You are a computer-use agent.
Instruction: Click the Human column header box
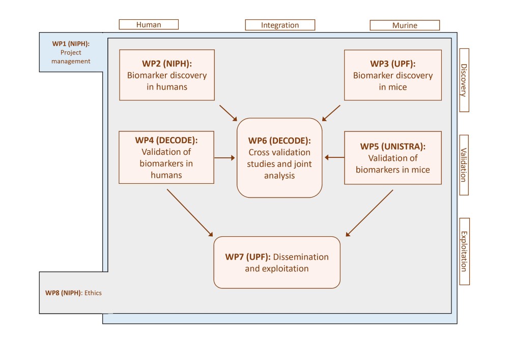149,24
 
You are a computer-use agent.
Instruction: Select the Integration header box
280,25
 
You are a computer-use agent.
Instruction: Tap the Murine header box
405,25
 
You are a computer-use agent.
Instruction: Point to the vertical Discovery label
464,80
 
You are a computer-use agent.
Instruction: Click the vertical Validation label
464,165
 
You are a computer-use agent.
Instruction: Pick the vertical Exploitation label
465,252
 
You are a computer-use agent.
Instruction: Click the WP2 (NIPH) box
167,75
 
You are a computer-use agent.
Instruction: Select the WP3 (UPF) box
393,75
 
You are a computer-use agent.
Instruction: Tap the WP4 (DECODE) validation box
166,157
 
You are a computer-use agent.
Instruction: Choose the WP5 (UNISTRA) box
393,158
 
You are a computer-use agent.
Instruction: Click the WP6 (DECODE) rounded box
279,158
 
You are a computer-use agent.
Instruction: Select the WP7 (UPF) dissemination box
277,262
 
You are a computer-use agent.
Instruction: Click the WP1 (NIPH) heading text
71,44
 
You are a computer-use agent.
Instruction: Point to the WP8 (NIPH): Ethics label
73,293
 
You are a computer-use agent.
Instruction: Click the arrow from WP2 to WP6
228,113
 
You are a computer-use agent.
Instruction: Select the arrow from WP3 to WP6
331,113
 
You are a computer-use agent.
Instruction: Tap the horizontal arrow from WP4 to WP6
224,158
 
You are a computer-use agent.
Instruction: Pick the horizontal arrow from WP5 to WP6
334,157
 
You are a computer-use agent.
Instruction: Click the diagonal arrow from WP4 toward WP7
190,213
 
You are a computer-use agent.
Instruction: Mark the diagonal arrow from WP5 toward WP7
370,213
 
